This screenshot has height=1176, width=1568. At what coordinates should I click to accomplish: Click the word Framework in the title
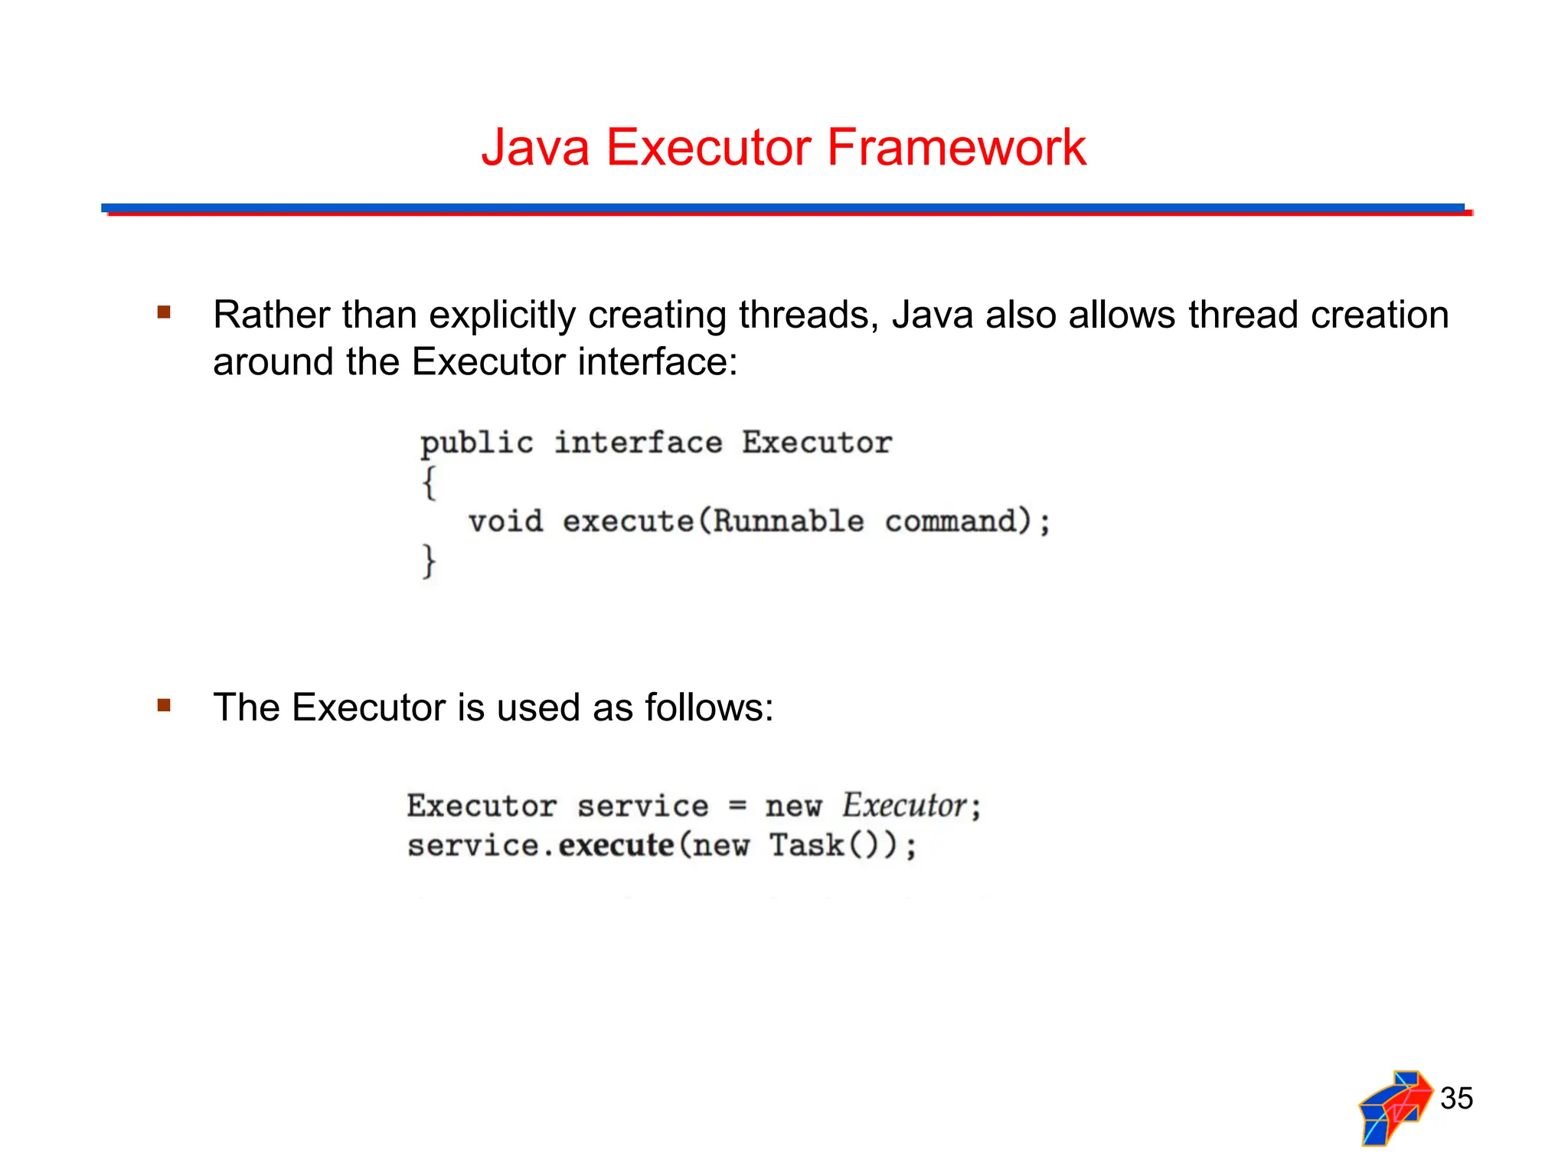pyautogui.click(x=956, y=147)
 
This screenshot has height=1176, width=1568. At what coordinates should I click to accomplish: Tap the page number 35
pyautogui.click(x=1456, y=1098)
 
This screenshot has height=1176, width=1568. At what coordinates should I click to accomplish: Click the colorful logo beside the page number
pyautogui.click(x=1395, y=1107)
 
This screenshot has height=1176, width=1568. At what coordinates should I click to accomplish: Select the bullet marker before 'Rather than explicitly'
pyautogui.click(x=164, y=312)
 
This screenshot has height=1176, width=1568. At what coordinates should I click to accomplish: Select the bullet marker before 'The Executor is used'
pyautogui.click(x=164, y=704)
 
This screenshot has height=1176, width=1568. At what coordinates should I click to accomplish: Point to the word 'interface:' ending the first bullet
pyautogui.click(x=658, y=361)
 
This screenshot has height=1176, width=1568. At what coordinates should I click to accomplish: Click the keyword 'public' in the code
pyautogui.click(x=476, y=443)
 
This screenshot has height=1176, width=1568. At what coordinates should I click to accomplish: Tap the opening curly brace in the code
pyautogui.click(x=430, y=482)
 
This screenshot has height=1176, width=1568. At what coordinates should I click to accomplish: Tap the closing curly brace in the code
pyautogui.click(x=429, y=561)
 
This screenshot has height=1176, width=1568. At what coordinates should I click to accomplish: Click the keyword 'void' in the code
pyautogui.click(x=506, y=521)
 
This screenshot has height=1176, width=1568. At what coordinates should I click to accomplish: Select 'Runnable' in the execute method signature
pyautogui.click(x=789, y=521)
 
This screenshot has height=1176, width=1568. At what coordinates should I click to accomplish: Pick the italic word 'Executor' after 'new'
pyautogui.click(x=904, y=805)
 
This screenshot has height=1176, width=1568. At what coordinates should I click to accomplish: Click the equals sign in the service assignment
pyautogui.click(x=737, y=805)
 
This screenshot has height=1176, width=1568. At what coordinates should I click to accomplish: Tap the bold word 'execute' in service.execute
pyautogui.click(x=616, y=845)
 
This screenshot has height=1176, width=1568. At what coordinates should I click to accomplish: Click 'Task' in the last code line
pyautogui.click(x=806, y=845)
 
